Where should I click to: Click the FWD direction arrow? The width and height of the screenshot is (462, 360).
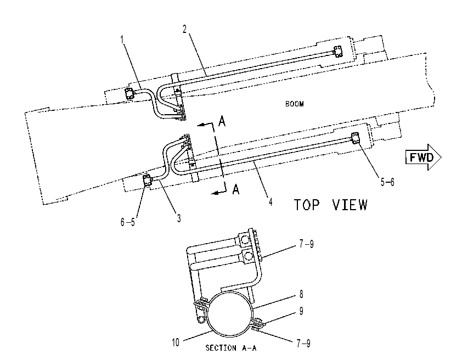tap(424, 157)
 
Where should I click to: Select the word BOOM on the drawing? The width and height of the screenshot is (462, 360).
tap(294, 104)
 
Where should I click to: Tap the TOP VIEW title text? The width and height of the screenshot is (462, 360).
tap(331, 205)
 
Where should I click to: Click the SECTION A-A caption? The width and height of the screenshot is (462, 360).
tap(231, 348)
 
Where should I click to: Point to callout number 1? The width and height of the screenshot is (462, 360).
tap(122, 39)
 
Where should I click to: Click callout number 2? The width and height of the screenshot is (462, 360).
tap(185, 29)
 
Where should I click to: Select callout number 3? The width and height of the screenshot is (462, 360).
tap(178, 218)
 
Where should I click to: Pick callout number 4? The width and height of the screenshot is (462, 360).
tap(270, 202)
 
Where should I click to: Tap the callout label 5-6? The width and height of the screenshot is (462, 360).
tap(387, 182)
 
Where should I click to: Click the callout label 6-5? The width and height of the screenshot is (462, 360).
tap(127, 222)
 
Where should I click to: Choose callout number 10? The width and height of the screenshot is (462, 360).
tap(176, 342)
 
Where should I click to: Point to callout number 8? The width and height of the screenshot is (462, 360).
tap(301, 294)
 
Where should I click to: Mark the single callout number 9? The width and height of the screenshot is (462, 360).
tap(301, 311)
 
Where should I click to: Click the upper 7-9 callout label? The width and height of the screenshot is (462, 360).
tap(306, 244)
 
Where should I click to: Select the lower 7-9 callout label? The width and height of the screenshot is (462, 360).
tap(303, 343)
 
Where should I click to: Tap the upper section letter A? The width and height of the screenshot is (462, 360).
tap(222, 121)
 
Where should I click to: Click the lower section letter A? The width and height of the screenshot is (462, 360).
tap(236, 189)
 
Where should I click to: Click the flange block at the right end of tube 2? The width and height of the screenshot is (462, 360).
tap(337, 52)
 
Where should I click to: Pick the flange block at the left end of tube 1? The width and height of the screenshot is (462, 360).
tap(129, 94)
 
